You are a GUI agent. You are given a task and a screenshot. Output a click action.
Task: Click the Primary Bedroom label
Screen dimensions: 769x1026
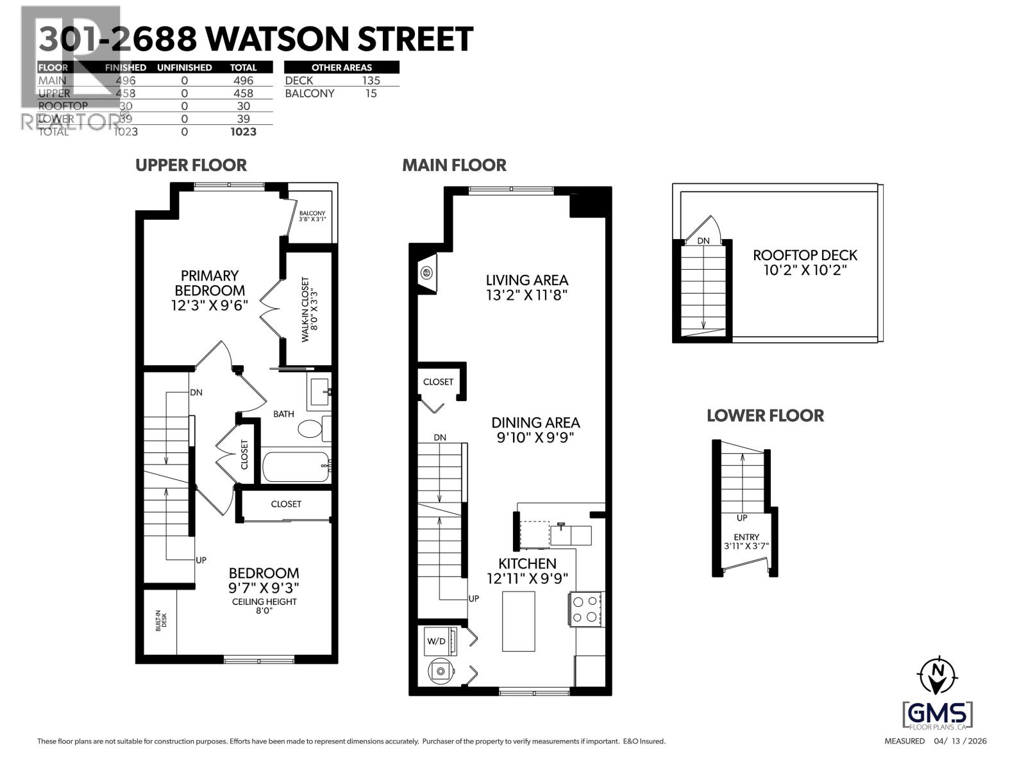pyautogui.click(x=209, y=283)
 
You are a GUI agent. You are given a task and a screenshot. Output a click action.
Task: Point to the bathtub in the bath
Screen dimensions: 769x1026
pyautogui.click(x=296, y=466)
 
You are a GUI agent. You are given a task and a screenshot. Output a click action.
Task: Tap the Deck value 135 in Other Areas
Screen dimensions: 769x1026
pyautogui.click(x=371, y=81)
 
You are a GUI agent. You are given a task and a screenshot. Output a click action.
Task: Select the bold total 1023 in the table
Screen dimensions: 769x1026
pyautogui.click(x=243, y=131)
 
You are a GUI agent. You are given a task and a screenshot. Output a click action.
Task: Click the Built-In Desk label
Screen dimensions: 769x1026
pyautogui.click(x=161, y=620)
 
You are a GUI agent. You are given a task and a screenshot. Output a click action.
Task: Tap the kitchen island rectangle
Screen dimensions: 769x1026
pyautogui.click(x=518, y=621)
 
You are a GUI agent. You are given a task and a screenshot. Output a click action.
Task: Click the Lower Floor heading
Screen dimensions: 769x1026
pyautogui.click(x=765, y=416)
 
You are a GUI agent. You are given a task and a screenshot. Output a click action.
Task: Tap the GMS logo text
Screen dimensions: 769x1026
pyautogui.click(x=938, y=713)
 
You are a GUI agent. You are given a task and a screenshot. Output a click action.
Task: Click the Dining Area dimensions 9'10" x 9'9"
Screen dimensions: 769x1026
pyautogui.click(x=535, y=438)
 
